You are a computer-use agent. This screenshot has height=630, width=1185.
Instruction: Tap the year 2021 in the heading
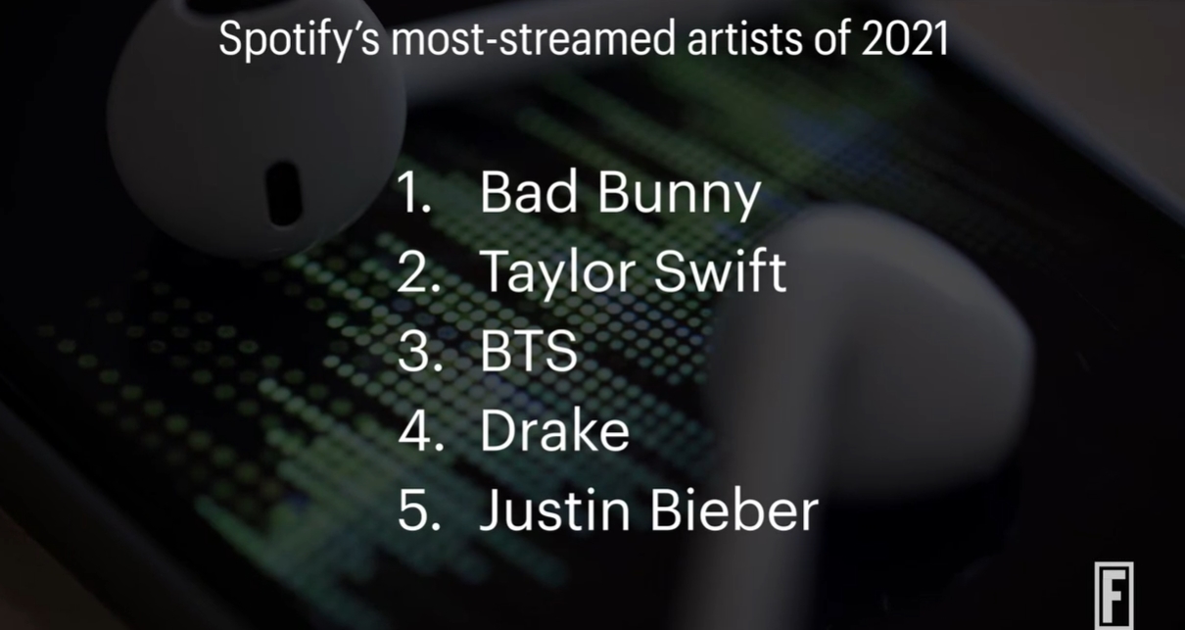(x=905, y=38)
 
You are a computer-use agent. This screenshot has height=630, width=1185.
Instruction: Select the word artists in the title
(x=744, y=38)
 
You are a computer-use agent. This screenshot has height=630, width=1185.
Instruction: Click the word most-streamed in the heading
(x=533, y=38)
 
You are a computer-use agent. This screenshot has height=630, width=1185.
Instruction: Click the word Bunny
(x=680, y=196)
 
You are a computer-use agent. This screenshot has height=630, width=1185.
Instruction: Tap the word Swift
(x=720, y=270)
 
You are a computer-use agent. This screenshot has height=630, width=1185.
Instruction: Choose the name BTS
(x=529, y=351)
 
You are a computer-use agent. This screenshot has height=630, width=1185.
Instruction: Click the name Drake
(x=555, y=429)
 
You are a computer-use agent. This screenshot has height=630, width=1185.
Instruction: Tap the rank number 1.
(x=414, y=192)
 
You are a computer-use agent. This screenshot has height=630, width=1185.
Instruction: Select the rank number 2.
(x=418, y=271)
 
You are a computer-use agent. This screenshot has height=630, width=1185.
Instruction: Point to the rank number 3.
(x=419, y=351)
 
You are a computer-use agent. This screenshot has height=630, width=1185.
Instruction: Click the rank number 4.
(x=420, y=430)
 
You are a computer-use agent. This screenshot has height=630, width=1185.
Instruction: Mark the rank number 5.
(x=419, y=509)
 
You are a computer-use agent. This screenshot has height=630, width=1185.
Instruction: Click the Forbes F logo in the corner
(x=1114, y=595)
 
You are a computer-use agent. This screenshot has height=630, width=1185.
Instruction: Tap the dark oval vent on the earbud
(x=283, y=193)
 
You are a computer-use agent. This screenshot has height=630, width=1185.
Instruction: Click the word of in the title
(x=831, y=38)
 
